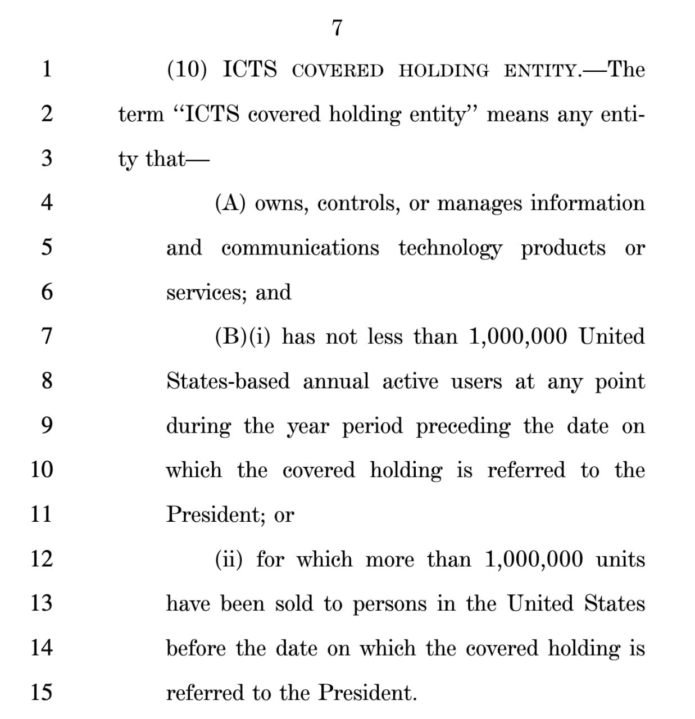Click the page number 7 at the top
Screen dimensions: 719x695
click(x=337, y=27)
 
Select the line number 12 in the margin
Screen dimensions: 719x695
click(x=41, y=558)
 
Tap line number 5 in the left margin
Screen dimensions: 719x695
click(x=47, y=247)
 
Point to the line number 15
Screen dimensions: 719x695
click(x=41, y=691)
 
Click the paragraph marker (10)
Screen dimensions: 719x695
click(x=187, y=70)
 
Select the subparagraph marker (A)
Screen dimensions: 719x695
click(x=230, y=203)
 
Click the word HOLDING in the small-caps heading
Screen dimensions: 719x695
click(x=444, y=71)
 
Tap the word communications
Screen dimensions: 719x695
click(x=300, y=248)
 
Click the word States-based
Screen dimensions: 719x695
click(x=228, y=381)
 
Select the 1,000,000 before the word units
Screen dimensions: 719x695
click(x=533, y=559)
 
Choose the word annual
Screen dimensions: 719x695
click(x=336, y=381)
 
